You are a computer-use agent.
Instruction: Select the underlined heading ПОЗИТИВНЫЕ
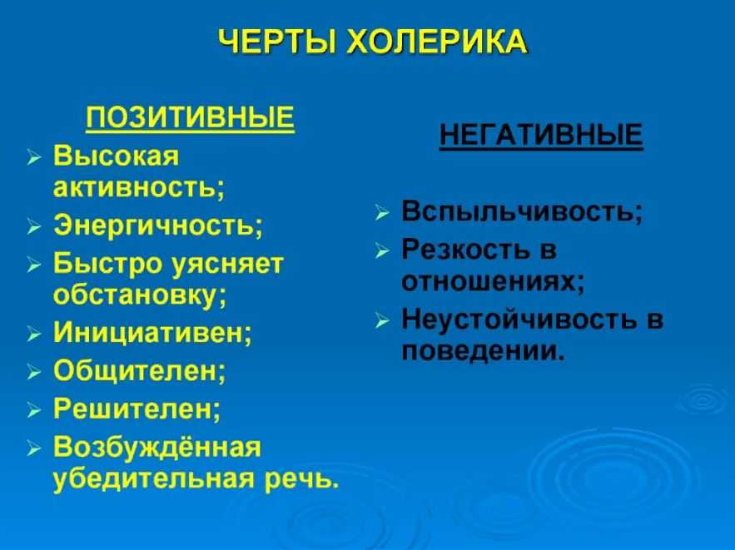[x=191, y=117]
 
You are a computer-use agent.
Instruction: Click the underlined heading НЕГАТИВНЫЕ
[x=541, y=135]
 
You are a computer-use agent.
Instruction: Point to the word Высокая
[x=117, y=156]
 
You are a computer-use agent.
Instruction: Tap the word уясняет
[x=227, y=264]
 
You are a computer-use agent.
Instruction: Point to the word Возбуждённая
[x=157, y=447]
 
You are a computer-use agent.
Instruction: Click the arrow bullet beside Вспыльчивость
[x=382, y=213]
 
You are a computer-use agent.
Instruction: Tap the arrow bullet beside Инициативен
[x=34, y=334]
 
